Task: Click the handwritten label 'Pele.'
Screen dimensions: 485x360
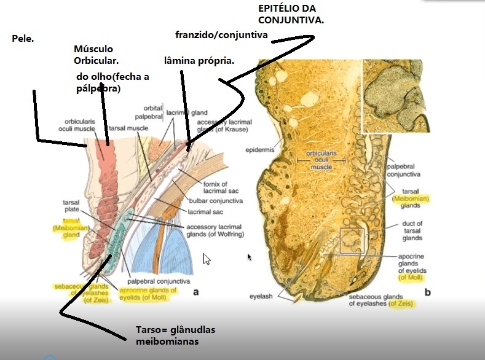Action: click(x=23, y=39)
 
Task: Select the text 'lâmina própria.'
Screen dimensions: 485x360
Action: click(x=199, y=61)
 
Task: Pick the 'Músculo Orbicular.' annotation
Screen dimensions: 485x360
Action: click(x=96, y=55)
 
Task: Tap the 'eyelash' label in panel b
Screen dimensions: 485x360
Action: click(x=261, y=296)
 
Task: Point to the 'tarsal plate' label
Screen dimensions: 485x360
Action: click(x=71, y=205)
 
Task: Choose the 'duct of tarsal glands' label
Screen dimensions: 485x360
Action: click(x=412, y=232)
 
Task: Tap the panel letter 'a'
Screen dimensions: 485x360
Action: click(x=195, y=292)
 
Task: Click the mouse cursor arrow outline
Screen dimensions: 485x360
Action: click(x=207, y=259)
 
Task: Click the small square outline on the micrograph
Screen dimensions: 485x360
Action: click(x=352, y=240)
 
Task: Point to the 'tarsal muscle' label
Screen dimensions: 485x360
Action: click(x=125, y=128)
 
